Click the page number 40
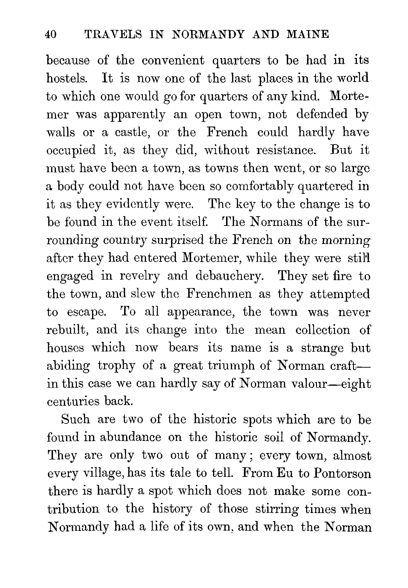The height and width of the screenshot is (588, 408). (51, 34)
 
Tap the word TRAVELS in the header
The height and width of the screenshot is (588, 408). (113, 34)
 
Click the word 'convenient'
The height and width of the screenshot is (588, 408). (173, 61)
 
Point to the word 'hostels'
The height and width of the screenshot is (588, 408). (67, 79)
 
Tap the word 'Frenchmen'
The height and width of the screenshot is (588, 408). (219, 294)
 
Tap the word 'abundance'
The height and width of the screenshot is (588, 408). (130, 437)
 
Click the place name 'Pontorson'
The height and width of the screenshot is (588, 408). (342, 473)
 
